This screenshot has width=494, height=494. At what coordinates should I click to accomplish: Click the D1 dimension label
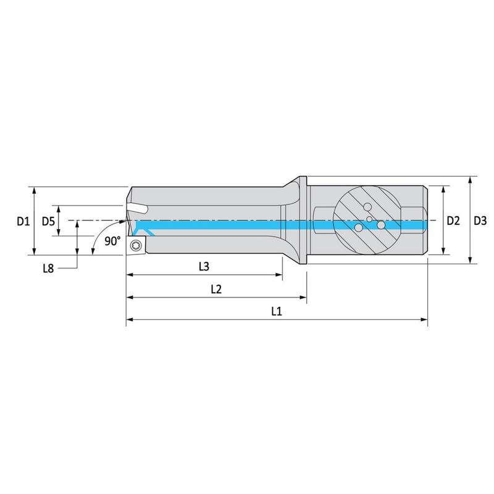23,221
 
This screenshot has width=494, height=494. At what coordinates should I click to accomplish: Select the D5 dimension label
48,222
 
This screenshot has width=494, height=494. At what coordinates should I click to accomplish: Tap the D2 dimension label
453,221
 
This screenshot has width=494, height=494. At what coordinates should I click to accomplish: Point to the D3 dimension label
480,221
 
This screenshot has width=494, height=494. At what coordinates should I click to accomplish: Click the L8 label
48,269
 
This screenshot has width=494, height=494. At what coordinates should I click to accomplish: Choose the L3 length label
204,267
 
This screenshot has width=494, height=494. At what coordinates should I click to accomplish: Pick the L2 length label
216,289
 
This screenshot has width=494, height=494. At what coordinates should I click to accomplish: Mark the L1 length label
276,312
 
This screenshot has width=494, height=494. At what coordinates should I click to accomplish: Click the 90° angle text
112,241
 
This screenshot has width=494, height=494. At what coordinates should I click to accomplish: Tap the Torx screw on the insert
136,245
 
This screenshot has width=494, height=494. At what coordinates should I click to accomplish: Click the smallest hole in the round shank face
369,219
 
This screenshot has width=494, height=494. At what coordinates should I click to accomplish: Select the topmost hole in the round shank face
367,207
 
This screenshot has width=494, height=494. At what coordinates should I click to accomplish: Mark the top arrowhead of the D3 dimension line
470,180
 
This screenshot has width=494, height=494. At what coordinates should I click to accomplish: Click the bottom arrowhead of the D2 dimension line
443,251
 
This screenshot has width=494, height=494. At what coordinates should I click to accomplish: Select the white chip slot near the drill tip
137,208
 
